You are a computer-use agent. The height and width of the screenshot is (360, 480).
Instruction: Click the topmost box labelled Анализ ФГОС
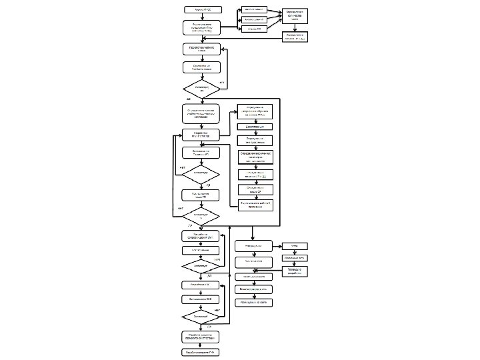pos(203,10)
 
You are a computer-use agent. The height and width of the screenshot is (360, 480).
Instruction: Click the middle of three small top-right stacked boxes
pos(253,19)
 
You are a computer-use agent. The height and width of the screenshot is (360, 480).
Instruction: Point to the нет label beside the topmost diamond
pos(223,81)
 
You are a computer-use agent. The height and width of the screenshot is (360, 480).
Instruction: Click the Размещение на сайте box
pos(253,301)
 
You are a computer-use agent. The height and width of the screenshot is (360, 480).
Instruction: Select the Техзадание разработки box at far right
pos(295,270)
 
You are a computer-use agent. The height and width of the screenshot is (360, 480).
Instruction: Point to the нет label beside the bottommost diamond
pos(217,310)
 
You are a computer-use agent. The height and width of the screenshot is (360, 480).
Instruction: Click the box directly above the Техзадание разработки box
pos(295,257)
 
